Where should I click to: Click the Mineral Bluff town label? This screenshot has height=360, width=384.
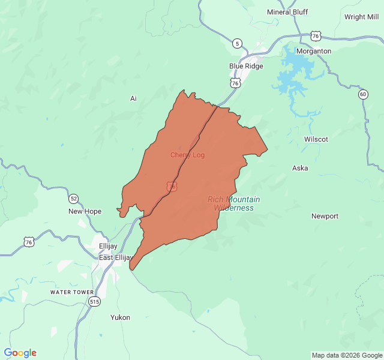pyautogui.click(x=287, y=12)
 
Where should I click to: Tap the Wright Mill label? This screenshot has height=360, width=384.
pyautogui.click(x=361, y=17)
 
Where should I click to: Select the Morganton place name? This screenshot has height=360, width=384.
pyautogui.click(x=314, y=52)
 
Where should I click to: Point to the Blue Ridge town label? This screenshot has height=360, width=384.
pyautogui.click(x=246, y=66)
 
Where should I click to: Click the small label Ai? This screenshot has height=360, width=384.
pyautogui.click(x=133, y=98)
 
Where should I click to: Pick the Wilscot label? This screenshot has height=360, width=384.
pyautogui.click(x=316, y=139)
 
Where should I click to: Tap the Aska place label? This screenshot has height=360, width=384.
pyautogui.click(x=300, y=168)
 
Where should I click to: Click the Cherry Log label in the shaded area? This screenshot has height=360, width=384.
pyautogui.click(x=187, y=155)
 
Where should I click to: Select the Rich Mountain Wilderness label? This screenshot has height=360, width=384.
pyautogui.click(x=234, y=203)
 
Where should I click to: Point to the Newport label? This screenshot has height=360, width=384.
pyautogui.click(x=325, y=216)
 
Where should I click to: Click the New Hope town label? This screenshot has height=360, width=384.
pyautogui.click(x=85, y=211)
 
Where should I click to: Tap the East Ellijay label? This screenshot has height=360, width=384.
pyautogui.click(x=116, y=257)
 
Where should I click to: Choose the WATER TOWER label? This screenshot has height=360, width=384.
pyautogui.click(x=71, y=292)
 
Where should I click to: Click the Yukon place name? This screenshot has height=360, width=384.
pyautogui.click(x=120, y=317)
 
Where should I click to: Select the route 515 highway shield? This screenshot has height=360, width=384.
pyautogui.click(x=94, y=302)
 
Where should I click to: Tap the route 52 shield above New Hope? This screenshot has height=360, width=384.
pyautogui.click(x=73, y=199)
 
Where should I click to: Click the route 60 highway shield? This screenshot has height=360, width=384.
pyautogui.click(x=363, y=94)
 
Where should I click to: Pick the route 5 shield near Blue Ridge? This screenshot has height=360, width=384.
pyautogui.click(x=238, y=43)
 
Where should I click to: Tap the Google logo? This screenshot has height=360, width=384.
pyautogui.click(x=20, y=353)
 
